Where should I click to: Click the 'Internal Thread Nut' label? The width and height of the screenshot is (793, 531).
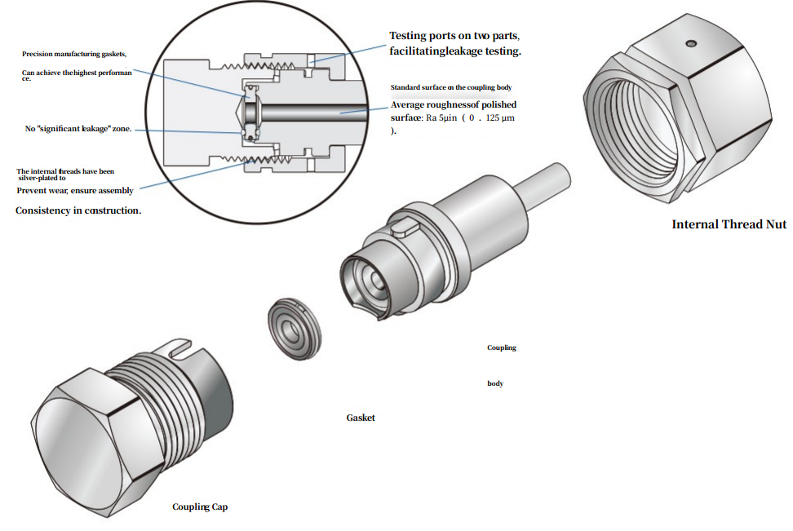pyautogui.click(x=729, y=224)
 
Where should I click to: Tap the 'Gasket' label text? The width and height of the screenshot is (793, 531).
pyautogui.click(x=361, y=418)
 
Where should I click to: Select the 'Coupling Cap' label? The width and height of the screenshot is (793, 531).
pyautogui.click(x=200, y=507)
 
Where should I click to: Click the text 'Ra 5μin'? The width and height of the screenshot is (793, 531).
pyautogui.click(x=444, y=117)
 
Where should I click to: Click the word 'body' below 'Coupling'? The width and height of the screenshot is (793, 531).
pyautogui.click(x=495, y=383)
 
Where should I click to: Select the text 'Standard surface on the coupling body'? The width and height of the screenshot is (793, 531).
pyautogui.click(x=450, y=86)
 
